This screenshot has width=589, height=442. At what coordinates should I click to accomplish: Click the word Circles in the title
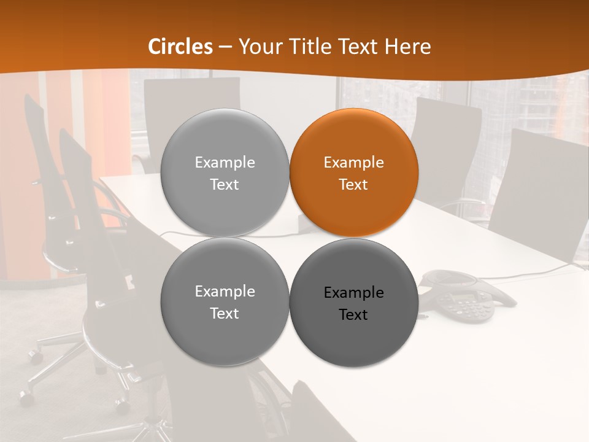(180, 47)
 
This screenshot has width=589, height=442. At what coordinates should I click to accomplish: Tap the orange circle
(354, 173)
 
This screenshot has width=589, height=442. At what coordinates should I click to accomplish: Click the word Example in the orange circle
(354, 163)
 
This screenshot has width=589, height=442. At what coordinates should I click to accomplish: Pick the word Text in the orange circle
(354, 184)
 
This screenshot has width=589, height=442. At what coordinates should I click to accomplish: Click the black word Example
(354, 293)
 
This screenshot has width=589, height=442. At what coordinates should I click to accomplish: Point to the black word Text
(354, 314)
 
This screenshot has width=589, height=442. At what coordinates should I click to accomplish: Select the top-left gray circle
(225, 173)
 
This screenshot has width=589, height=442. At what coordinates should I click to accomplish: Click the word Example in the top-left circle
(225, 163)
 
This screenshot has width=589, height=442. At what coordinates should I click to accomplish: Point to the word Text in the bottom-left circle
(225, 313)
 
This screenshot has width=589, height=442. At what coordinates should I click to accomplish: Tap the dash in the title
(225, 47)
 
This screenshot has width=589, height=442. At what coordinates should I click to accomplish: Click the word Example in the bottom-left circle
(225, 292)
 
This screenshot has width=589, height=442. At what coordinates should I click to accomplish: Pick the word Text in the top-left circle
(225, 184)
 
